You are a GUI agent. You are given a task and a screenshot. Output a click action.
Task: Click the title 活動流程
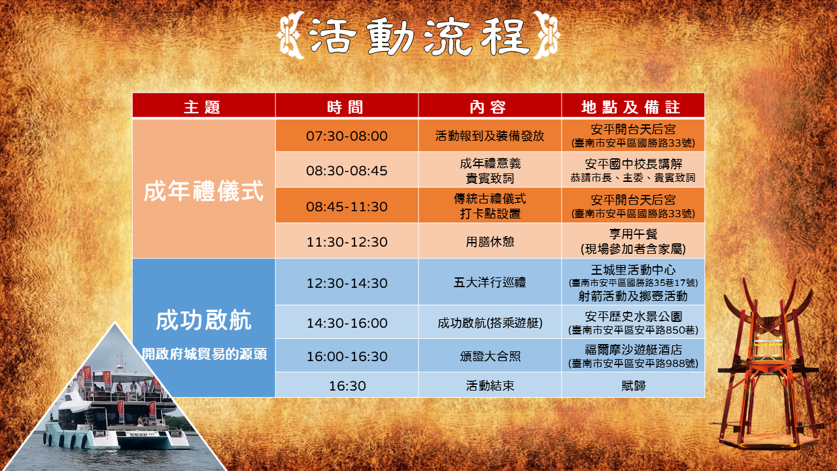pos(418,36)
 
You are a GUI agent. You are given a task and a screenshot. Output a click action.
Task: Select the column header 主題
pos(202,107)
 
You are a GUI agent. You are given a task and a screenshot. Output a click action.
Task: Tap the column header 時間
pos(346,107)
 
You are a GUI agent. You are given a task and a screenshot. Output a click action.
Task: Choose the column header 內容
pos(488,107)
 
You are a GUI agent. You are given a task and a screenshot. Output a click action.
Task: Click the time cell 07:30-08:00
pos(347,136)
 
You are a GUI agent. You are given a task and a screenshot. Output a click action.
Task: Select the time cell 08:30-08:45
pos(347,171)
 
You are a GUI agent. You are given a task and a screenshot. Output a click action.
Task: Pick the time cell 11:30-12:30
pos(347,242)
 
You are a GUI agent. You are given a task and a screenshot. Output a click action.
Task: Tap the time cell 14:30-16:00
pos(347,323)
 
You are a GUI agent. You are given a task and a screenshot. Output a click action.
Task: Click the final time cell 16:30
pos(347,386)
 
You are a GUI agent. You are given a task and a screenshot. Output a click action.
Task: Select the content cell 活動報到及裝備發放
pos(490,135)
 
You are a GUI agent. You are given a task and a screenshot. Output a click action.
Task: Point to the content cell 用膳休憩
pos(490,242)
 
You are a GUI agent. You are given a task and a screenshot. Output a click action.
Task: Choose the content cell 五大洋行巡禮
pos(490,282)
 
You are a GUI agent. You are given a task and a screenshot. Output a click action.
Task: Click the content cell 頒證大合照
pos(490,357)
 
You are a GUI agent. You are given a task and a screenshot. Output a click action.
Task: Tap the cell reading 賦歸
pos(634,385)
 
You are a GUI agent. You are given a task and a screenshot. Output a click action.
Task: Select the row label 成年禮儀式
pos(203,191)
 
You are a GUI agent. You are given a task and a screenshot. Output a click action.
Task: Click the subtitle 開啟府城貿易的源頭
pos(205,354)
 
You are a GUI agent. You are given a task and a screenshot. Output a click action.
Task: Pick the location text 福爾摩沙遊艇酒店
pos(634,350)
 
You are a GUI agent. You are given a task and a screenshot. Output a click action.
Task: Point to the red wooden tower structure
pos(769,366)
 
